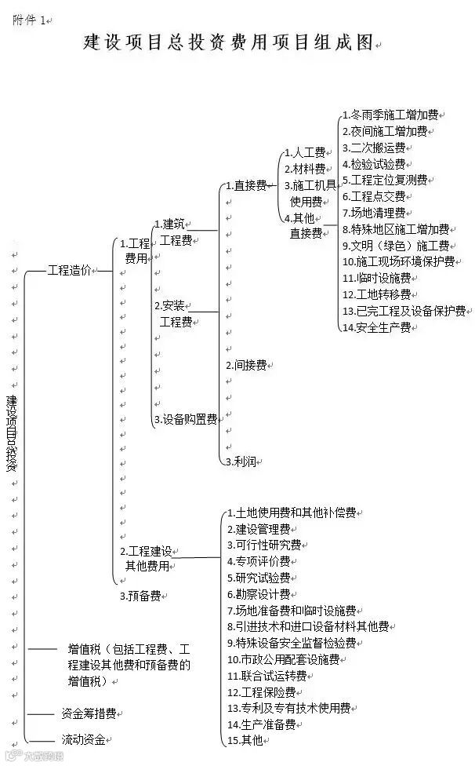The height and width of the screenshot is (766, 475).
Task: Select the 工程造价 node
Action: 69,270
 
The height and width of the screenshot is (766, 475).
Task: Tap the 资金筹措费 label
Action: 89,714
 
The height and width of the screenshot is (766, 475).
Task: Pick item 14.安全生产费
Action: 377,327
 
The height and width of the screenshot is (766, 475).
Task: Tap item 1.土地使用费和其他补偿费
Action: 292,512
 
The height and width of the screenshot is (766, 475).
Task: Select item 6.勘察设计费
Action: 259,594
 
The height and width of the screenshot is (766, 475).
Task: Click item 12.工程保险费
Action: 262,692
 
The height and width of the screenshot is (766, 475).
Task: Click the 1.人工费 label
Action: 305,153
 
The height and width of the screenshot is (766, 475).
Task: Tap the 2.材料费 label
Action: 305,170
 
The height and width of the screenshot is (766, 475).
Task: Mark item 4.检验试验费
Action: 373,164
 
